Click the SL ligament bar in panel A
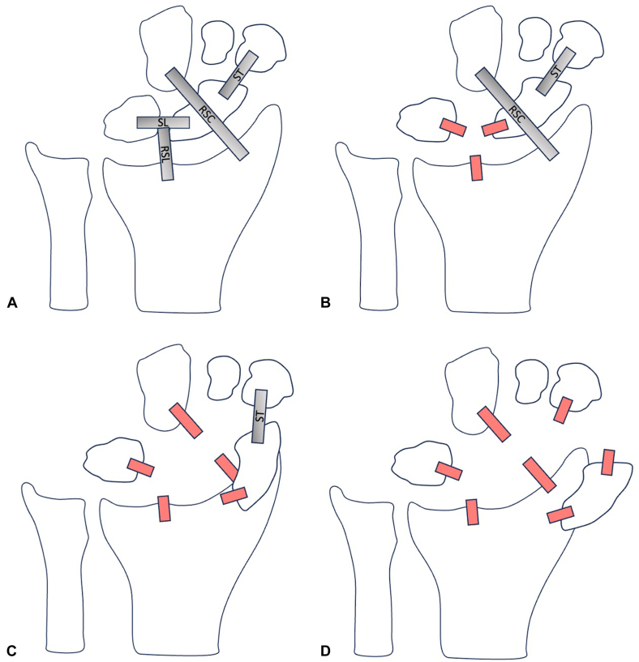pyautogui.click(x=162, y=122)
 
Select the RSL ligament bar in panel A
pyautogui.click(x=165, y=154)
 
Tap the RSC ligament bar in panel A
pyautogui.click(x=206, y=112)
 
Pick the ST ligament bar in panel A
pyautogui.click(x=238, y=76)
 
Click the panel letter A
pyautogui.click(x=11, y=303)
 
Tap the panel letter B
pyautogui.click(x=325, y=303)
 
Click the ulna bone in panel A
pyautogui.click(x=62, y=227)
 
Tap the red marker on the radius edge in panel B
pyautogui.click(x=476, y=168)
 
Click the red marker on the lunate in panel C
pyautogui.click(x=140, y=468)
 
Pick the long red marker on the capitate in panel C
pyautogui.click(x=187, y=421)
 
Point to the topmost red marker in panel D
pyautogui.click(x=562, y=410)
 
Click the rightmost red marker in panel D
pyautogui.click(x=607, y=463)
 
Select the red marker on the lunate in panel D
pyautogui.click(x=448, y=471)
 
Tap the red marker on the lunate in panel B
pyautogui.click(x=453, y=127)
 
